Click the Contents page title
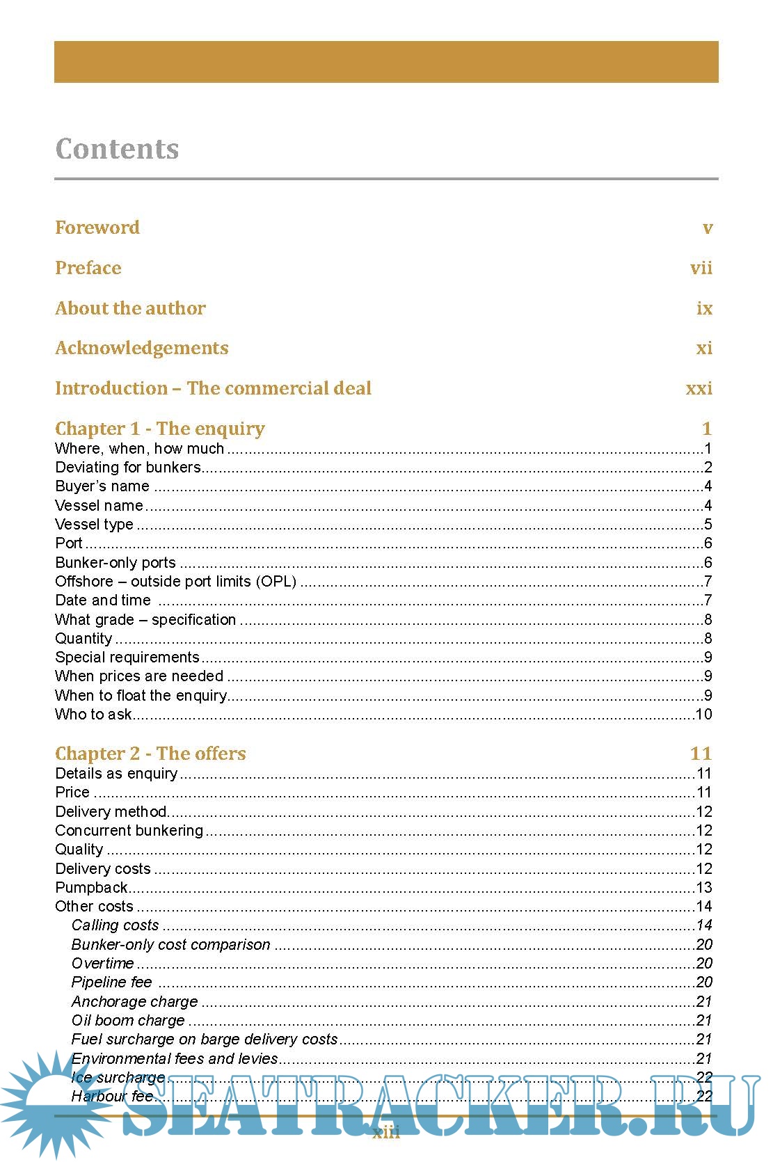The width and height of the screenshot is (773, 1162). click(x=117, y=149)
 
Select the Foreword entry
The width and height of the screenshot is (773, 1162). click(x=97, y=228)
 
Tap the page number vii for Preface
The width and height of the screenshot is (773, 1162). click(x=701, y=268)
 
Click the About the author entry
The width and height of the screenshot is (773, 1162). click(x=130, y=308)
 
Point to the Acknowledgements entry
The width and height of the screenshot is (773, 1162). click(x=142, y=348)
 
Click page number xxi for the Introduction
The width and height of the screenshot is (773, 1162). click(x=699, y=388)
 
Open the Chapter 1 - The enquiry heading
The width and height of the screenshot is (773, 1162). click(x=160, y=429)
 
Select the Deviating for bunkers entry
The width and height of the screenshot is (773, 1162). click(x=128, y=468)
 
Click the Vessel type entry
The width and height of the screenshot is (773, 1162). click(x=94, y=525)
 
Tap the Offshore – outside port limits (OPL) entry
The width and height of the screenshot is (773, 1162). click(x=175, y=582)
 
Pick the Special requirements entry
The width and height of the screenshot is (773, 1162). click(x=127, y=658)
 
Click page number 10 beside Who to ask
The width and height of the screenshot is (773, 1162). click(x=703, y=715)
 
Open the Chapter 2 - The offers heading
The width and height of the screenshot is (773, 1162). click(x=150, y=754)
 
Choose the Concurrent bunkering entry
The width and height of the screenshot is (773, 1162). click(x=129, y=831)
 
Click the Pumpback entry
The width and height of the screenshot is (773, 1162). click(x=91, y=888)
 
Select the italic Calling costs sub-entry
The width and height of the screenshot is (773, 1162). click(x=115, y=925)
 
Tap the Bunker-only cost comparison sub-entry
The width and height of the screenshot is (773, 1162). click(x=170, y=945)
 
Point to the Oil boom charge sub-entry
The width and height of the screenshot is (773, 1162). click(x=128, y=1021)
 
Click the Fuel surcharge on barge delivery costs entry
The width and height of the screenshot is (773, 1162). click(x=204, y=1040)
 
